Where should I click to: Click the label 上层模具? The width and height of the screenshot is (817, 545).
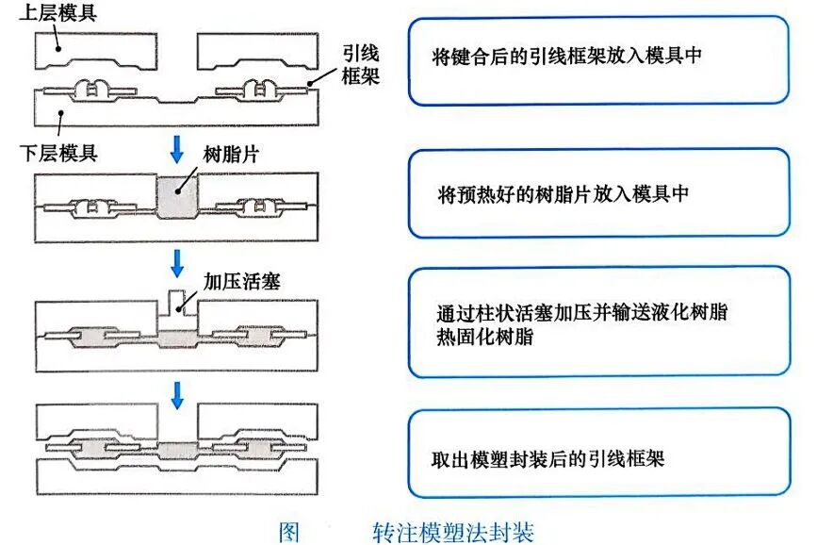coord(58,13)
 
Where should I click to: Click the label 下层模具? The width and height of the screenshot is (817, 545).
coord(58,152)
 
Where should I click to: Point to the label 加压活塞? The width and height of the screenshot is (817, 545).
coord(243,280)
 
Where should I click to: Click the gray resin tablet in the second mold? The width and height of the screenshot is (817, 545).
coord(177,198)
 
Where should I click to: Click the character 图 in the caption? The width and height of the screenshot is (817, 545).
coord(288,531)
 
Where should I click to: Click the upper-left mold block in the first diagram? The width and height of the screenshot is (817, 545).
coord(94,51)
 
